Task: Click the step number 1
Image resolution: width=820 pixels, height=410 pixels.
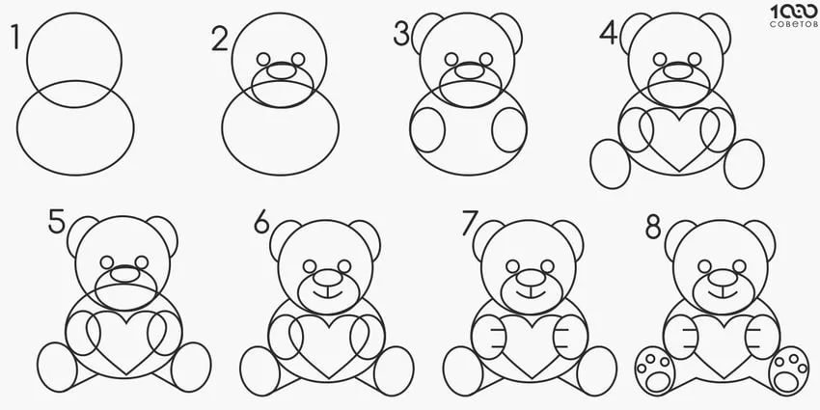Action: click(x=15, y=37)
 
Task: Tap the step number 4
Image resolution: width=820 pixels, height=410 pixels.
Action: click(x=609, y=34)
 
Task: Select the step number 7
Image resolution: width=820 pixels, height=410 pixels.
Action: click(x=470, y=223)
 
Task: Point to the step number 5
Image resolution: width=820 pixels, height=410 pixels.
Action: click(x=57, y=221)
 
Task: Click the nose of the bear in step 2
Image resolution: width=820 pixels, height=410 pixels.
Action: click(x=282, y=71)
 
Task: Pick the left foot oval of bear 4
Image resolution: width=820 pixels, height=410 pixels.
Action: click(x=610, y=164)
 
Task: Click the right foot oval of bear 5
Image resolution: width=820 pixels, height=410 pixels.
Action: click(x=191, y=368)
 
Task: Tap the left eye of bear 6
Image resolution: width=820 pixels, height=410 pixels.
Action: click(x=310, y=266)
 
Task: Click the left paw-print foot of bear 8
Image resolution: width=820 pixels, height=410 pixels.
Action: click(x=655, y=370)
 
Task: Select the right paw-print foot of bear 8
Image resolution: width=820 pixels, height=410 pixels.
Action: click(x=789, y=370)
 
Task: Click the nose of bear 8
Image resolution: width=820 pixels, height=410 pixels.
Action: click(x=723, y=277)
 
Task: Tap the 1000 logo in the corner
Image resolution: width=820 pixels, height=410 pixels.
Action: click(x=794, y=12)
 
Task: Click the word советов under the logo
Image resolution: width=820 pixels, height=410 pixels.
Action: click(x=793, y=24)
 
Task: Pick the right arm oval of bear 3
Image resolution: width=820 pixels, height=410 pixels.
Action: click(x=509, y=129)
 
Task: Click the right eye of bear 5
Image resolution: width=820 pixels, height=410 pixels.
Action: click(x=141, y=262)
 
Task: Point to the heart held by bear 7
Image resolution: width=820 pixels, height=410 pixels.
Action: click(x=532, y=346)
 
